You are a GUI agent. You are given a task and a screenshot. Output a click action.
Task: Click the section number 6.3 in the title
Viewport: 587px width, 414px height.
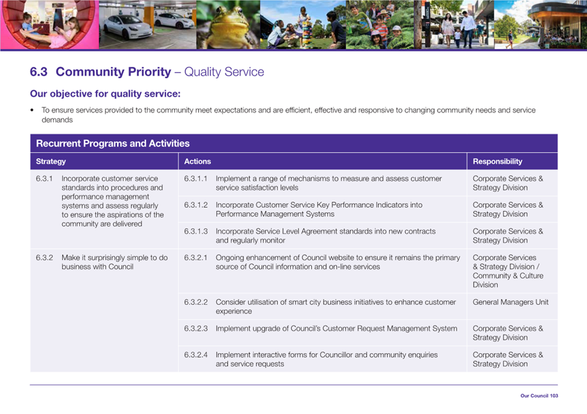pyautogui.click(x=38, y=71)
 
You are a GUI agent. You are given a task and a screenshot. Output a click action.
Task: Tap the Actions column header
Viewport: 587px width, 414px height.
pyautogui.click(x=197, y=161)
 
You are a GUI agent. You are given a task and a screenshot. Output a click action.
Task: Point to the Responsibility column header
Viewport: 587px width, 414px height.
pyautogui.click(x=497, y=161)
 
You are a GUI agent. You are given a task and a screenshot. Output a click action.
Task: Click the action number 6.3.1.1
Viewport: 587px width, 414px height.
pyautogui.click(x=195, y=179)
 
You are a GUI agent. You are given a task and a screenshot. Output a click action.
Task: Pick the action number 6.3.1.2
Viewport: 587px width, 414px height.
pyautogui.click(x=195, y=205)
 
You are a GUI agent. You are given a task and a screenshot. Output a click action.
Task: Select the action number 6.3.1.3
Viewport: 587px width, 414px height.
pyautogui.click(x=195, y=231)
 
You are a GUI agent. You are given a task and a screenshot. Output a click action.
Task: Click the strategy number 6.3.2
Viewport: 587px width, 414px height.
pyautogui.click(x=44, y=258)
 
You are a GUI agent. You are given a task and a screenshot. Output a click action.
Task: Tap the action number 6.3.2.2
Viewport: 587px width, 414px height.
pyautogui.click(x=195, y=302)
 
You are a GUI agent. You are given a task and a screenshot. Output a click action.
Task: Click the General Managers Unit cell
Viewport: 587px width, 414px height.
pyautogui.click(x=510, y=302)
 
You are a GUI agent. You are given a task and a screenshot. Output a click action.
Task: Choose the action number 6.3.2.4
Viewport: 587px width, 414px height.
pyautogui.click(x=195, y=355)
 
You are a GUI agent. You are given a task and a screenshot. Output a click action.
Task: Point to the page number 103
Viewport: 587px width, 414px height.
pyautogui.click(x=554, y=395)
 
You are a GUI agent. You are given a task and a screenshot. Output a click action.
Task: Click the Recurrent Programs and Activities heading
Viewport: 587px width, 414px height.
pyautogui.click(x=113, y=144)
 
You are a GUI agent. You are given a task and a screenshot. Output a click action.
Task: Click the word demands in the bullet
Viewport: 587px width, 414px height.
pyautogui.click(x=57, y=120)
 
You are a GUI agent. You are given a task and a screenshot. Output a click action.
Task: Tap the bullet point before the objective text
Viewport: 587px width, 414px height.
pyautogui.click(x=32, y=110)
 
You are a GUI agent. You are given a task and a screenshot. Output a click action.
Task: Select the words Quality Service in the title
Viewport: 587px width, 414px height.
pyautogui.click(x=224, y=71)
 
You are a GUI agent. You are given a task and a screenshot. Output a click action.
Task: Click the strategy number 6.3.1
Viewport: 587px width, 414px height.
pyautogui.click(x=44, y=179)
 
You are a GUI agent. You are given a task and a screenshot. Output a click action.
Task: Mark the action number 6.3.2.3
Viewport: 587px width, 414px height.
pyautogui.click(x=195, y=329)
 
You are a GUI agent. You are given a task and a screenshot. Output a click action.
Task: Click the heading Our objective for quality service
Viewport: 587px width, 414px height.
pyautogui.click(x=105, y=93)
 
